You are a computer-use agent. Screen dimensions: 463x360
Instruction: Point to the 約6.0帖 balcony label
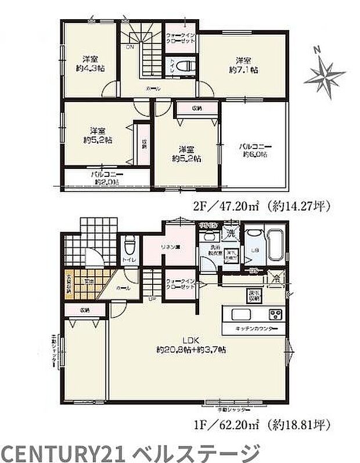click(x=254, y=151)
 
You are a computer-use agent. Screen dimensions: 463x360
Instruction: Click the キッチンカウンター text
click(x=256, y=329)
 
